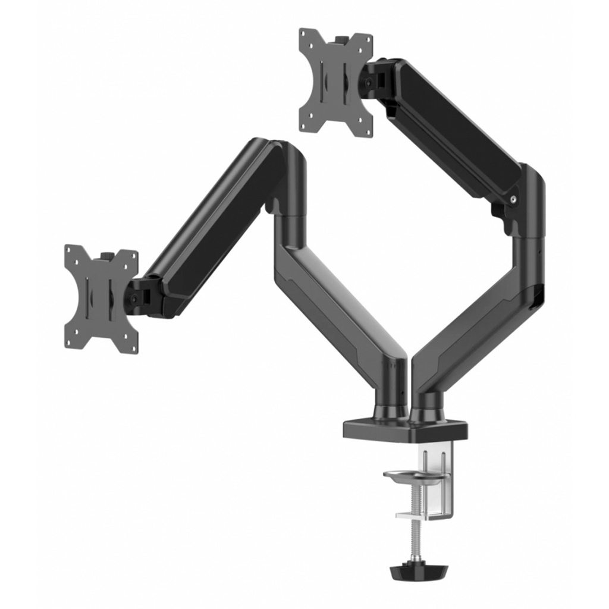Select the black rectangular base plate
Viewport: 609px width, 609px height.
(405, 430)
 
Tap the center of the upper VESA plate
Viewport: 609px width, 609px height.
(335, 82)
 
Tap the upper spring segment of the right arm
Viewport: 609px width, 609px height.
(452, 128)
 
